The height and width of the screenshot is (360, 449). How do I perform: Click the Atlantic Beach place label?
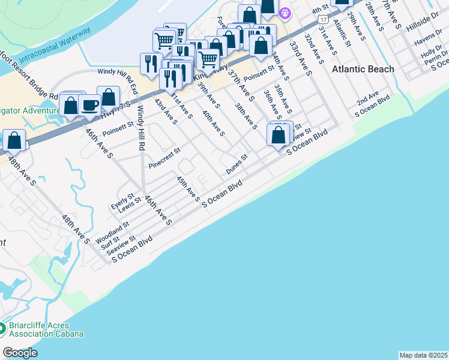363,69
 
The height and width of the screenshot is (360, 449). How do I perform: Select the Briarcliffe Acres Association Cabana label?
46,330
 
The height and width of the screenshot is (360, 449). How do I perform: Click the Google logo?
20,353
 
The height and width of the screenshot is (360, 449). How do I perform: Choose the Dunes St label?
237,164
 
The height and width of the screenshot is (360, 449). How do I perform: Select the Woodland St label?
112,232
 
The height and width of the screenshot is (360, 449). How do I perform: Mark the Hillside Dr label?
423,24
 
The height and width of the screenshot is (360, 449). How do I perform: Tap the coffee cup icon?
90,106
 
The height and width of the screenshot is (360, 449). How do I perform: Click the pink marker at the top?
285,11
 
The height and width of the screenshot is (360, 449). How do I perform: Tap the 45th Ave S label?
188,188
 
